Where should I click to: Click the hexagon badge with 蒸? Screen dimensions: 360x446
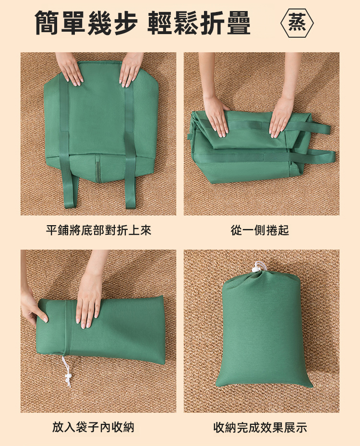point(297,23)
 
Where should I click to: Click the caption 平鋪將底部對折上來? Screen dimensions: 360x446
point(98,230)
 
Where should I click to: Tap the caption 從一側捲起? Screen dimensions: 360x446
point(260,230)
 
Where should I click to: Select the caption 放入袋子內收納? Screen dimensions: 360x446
point(93,427)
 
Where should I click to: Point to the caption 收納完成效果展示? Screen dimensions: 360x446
point(260,427)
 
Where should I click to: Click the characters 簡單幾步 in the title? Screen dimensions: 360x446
point(86,23)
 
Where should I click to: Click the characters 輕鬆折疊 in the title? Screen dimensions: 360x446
point(199,23)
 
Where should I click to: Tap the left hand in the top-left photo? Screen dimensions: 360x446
point(69,68)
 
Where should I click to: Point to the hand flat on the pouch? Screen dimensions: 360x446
point(87,301)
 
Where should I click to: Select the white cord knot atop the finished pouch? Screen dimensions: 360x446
point(258,267)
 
